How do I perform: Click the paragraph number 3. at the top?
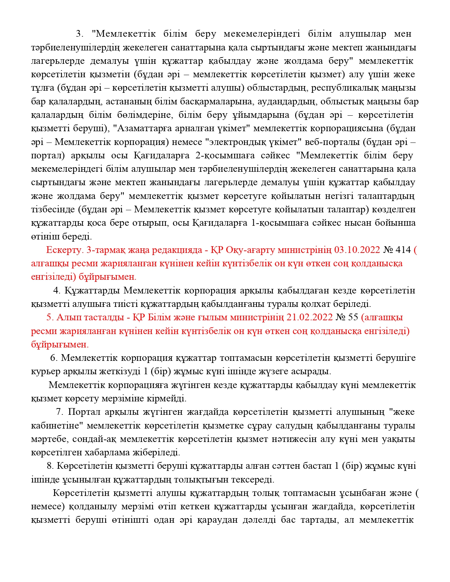click(79, 34)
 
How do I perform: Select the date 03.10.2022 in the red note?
click(357, 250)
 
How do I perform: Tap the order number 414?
click(404, 250)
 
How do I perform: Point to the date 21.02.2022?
click(309, 317)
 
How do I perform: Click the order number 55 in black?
click(353, 317)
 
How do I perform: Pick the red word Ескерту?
click(64, 250)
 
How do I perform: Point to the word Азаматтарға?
click(140, 129)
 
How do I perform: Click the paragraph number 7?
click(59, 412)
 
